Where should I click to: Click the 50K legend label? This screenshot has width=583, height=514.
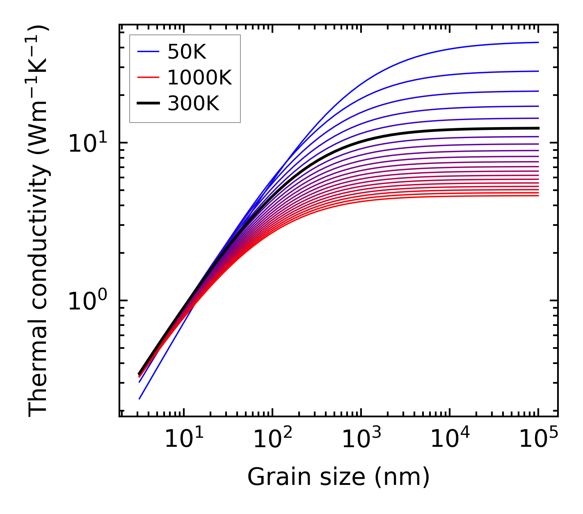[187, 52]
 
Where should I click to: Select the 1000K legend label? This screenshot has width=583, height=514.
[199, 78]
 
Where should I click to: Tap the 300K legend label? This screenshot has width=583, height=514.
[193, 104]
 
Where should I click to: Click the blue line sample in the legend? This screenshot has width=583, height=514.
[148, 52]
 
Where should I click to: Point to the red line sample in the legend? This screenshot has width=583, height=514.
[148, 77]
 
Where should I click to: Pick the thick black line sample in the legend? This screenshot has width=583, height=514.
[148, 104]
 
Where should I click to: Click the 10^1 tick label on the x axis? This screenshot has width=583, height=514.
[183, 439]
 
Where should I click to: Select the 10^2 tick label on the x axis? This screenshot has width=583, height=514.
[272, 439]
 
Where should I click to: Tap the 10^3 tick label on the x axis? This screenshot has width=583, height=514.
[361, 439]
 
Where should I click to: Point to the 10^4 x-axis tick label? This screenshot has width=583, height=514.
[450, 439]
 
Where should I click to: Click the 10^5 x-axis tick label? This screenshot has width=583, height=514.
[538, 439]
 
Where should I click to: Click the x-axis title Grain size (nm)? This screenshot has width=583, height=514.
[338, 478]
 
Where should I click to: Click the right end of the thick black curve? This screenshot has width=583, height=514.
[538, 128]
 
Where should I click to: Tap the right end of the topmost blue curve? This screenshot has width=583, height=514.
[538, 42]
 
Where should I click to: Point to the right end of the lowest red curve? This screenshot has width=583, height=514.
[538, 196]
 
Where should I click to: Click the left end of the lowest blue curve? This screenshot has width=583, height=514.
[139, 398]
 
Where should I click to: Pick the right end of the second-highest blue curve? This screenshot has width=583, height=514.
[538, 71]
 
